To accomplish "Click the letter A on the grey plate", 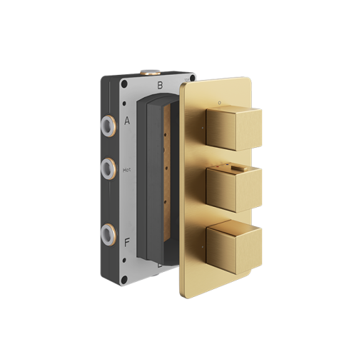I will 127,121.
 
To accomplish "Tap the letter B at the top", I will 160,86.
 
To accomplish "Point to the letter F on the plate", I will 127,243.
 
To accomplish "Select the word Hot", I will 127,170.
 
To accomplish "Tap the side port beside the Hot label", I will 107,168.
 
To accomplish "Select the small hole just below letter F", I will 127,255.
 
